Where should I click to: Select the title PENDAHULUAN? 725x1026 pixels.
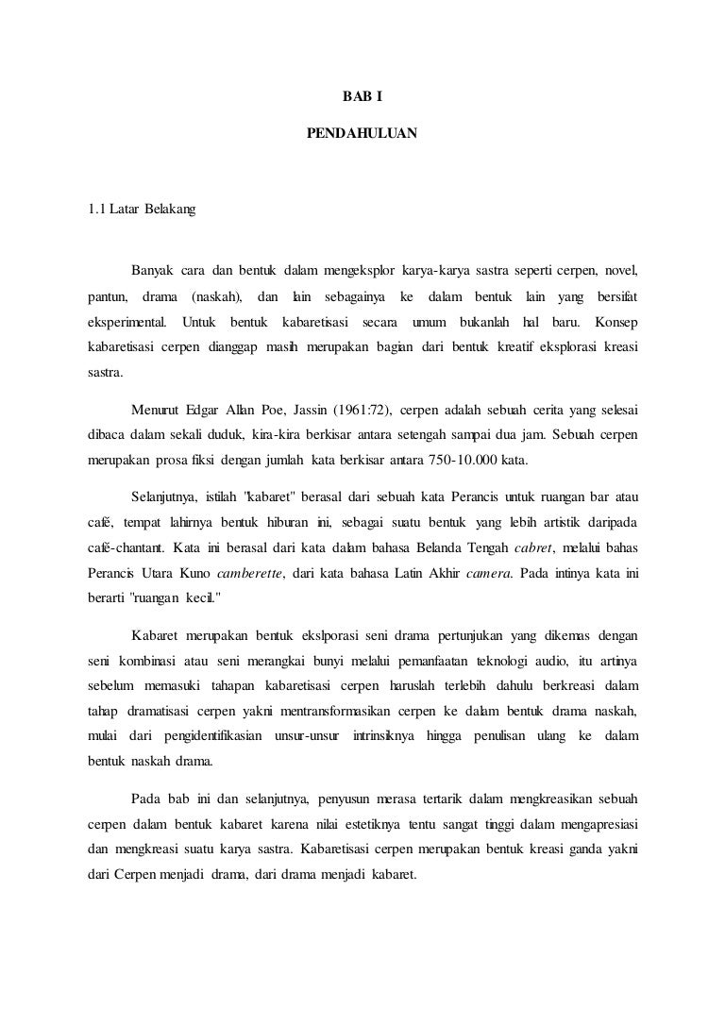click(362, 134)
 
